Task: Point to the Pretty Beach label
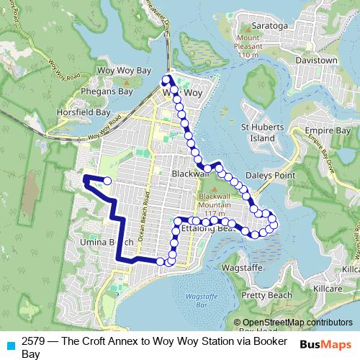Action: click(x=267, y=295)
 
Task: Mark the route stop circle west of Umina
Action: click(x=107, y=181)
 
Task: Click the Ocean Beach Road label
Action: click(x=144, y=216)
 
